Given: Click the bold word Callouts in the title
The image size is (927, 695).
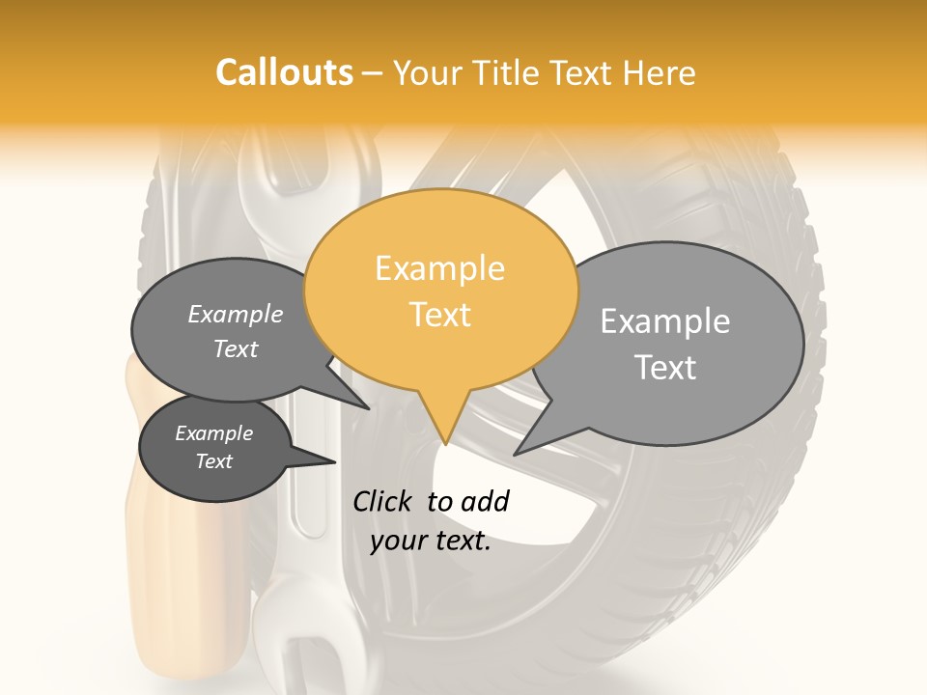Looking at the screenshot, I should (284, 72).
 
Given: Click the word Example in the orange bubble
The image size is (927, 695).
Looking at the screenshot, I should (440, 268).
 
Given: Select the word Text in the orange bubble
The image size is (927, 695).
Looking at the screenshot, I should (440, 315).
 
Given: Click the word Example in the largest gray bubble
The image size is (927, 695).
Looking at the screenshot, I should (665, 321).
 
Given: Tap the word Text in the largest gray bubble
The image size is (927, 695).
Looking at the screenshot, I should (665, 368).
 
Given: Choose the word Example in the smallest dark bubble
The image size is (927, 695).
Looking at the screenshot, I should (214, 433).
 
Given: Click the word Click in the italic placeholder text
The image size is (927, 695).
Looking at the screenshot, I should (382, 501).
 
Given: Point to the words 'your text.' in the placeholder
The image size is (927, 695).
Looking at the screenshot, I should (431, 542).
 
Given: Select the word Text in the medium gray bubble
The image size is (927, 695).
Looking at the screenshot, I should (236, 348).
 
